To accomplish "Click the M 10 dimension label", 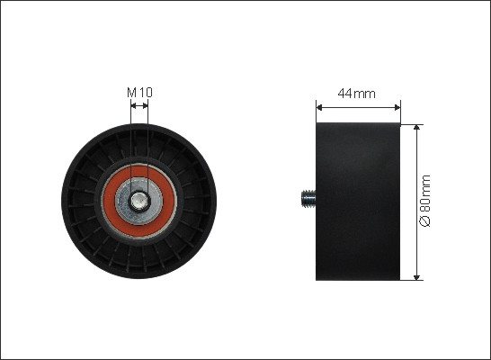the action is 139,93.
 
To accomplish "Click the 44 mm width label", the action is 357,94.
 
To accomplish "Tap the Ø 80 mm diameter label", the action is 425,201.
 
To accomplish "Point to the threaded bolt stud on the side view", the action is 308,198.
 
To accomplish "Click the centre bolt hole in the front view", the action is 138,201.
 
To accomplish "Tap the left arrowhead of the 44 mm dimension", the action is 319,107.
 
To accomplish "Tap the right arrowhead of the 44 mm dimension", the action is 397,107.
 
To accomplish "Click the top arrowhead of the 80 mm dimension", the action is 416,127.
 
